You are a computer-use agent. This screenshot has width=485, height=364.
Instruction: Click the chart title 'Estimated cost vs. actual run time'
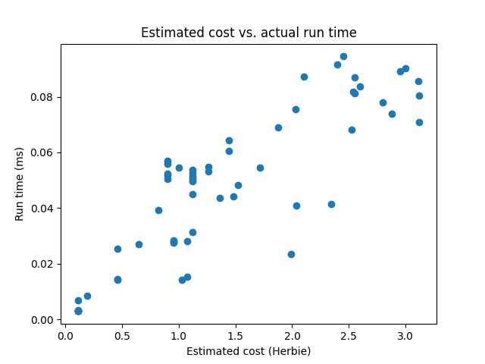point(249,33)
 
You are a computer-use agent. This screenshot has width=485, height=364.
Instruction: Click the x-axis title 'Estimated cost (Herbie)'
point(249,351)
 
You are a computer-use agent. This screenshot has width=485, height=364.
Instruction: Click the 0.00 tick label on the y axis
point(44,320)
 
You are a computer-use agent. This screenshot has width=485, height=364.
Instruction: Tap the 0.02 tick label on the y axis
point(44,264)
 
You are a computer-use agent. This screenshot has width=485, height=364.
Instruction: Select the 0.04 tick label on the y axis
point(44,209)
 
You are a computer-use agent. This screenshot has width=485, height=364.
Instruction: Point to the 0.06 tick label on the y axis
point(44,153)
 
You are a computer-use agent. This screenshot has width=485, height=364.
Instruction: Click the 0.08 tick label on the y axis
point(44,97)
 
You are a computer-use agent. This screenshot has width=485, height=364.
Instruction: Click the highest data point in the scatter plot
point(343,56)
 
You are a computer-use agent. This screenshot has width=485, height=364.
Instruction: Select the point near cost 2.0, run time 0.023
point(291,254)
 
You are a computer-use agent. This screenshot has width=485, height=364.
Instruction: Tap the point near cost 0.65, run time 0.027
point(139,244)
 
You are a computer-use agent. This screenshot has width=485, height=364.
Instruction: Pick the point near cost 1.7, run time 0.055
point(260,168)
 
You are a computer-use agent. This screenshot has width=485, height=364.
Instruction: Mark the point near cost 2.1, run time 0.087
point(304,77)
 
